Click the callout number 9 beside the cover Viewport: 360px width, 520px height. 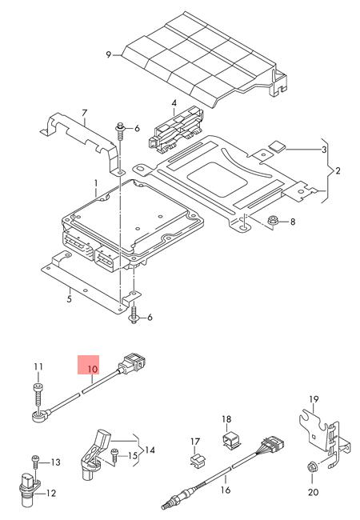[x=108, y=54]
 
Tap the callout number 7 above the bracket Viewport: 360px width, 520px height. [x=84, y=114]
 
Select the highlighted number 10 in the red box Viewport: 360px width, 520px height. [x=93, y=369]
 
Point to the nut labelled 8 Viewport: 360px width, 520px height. [x=273, y=220]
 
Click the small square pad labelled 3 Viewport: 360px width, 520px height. [x=277, y=146]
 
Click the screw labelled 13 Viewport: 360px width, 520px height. [x=35, y=462]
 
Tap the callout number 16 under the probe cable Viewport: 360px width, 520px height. [x=226, y=490]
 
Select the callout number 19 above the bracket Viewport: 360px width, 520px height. [x=314, y=399]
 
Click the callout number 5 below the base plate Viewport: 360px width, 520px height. [x=69, y=299]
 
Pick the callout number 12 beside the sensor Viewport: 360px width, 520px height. [x=51, y=493]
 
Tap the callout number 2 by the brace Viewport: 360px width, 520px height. [x=338, y=170]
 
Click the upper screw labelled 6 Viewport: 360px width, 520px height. [x=120, y=132]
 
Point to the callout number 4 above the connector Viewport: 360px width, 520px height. [x=174, y=103]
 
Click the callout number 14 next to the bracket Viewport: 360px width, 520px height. [x=150, y=450]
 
